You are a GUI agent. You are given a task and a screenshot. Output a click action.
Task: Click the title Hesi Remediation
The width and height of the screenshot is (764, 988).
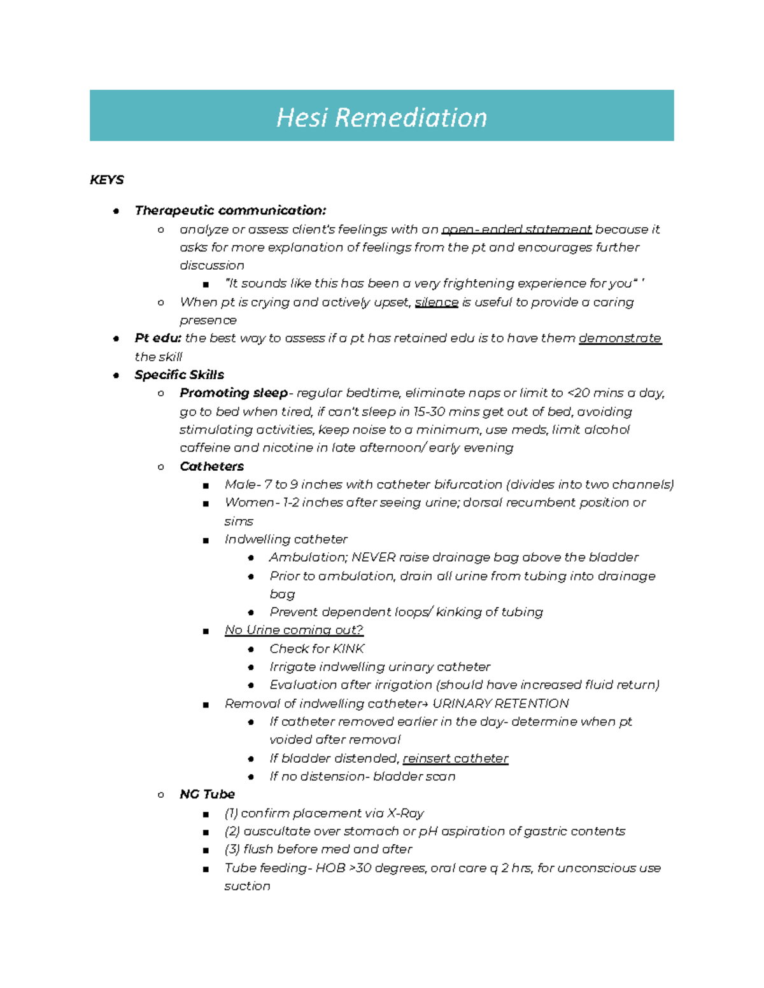(381, 118)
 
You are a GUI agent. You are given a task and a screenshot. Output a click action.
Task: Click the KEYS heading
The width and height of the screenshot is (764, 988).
(106, 180)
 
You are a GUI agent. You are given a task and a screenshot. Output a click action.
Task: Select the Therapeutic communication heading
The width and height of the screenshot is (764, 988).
(230, 211)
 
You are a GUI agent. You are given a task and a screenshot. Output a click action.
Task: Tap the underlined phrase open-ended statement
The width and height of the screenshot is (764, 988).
(516, 230)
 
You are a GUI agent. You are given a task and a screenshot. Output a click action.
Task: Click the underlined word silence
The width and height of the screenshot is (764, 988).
(436, 302)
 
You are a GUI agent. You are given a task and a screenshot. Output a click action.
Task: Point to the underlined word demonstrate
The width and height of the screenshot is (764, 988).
(619, 338)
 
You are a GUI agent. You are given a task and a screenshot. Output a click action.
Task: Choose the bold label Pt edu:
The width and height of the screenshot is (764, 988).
(158, 338)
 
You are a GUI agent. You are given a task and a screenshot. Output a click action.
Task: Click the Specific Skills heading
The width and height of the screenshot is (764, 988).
(179, 375)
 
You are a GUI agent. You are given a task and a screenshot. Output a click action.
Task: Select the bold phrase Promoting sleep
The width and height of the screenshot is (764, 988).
(234, 393)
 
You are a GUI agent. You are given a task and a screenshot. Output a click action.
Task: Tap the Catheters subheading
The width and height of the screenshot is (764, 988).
(211, 466)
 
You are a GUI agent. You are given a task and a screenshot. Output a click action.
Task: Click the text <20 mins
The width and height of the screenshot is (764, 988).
(595, 393)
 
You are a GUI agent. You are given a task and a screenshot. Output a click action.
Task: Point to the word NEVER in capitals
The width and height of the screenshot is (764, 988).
(374, 557)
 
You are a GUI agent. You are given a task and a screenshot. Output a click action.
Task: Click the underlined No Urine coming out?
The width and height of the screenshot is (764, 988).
(294, 630)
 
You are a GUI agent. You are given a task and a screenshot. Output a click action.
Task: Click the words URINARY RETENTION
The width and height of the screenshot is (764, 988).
(500, 704)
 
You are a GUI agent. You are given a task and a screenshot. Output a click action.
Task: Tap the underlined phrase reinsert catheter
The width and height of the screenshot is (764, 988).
(455, 758)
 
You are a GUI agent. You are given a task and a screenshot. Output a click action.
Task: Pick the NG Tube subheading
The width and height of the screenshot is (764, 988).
(207, 795)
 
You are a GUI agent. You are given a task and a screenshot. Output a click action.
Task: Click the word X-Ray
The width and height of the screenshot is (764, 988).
(406, 813)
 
